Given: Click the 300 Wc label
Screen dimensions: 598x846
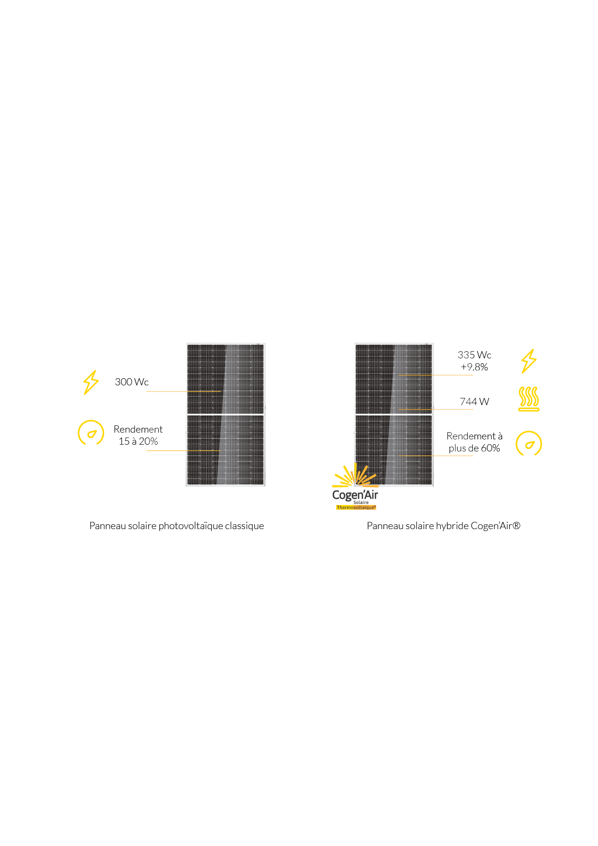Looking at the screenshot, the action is [132, 382].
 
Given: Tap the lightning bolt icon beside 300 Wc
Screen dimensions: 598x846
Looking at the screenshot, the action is [91, 382].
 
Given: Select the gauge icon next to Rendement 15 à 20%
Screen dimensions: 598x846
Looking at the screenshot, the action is [91, 433].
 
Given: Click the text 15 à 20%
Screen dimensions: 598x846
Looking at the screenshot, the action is [138, 441].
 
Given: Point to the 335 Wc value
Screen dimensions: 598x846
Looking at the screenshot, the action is [475, 355].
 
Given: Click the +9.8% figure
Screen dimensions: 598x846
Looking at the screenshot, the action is [475, 367].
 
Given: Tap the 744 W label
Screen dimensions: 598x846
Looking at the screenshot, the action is [475, 402].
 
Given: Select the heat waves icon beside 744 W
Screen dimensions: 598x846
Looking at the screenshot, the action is [529, 399].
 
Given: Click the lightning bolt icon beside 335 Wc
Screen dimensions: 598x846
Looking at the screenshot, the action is [529, 361].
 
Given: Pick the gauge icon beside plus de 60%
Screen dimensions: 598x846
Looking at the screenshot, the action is [529, 444].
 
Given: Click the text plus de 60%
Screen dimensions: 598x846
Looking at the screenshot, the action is [475, 448].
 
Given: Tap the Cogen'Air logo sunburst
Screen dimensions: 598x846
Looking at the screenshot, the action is [355, 476].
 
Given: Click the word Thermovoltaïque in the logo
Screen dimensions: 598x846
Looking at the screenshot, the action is [356, 507].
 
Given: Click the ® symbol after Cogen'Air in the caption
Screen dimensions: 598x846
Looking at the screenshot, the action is [516, 526].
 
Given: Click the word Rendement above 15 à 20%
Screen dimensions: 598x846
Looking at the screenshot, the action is [138, 429].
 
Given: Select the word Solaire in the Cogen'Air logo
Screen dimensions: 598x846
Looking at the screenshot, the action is [361, 503].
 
